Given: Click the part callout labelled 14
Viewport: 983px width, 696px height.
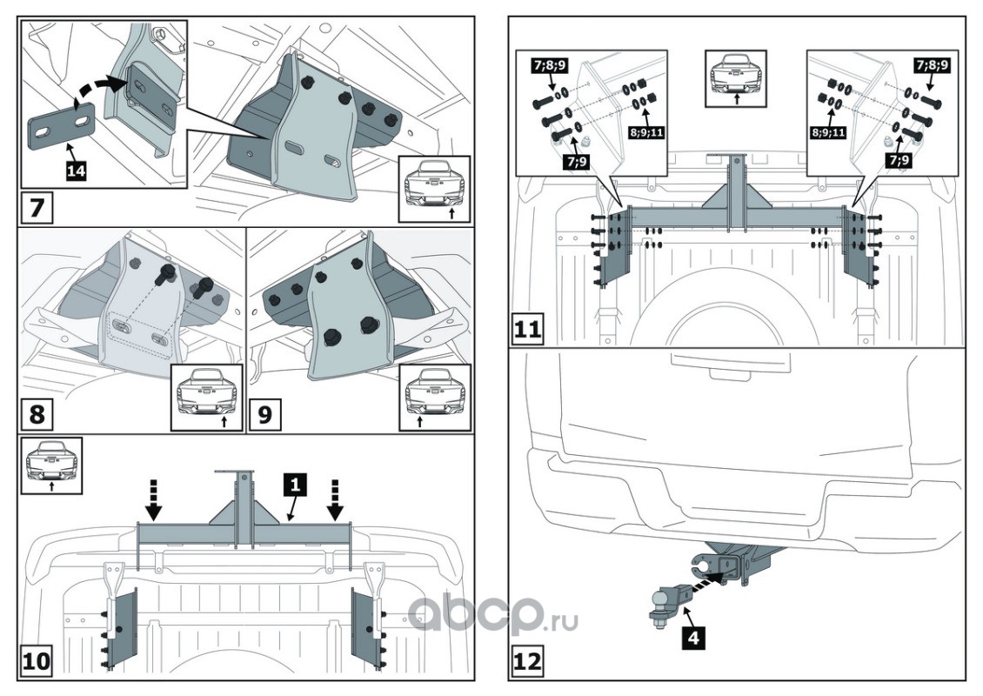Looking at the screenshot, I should [76, 171].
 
